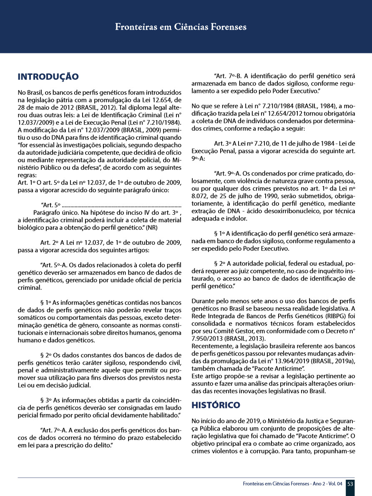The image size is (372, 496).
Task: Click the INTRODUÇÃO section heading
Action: tap(48, 77)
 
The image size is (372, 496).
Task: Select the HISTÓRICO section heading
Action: tap(216, 405)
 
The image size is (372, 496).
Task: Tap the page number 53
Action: tap(350, 484)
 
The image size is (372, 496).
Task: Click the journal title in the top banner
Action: tap(181, 27)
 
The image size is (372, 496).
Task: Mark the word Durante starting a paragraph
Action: tap(203, 301)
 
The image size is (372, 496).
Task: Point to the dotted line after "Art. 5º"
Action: tap(121, 205)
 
